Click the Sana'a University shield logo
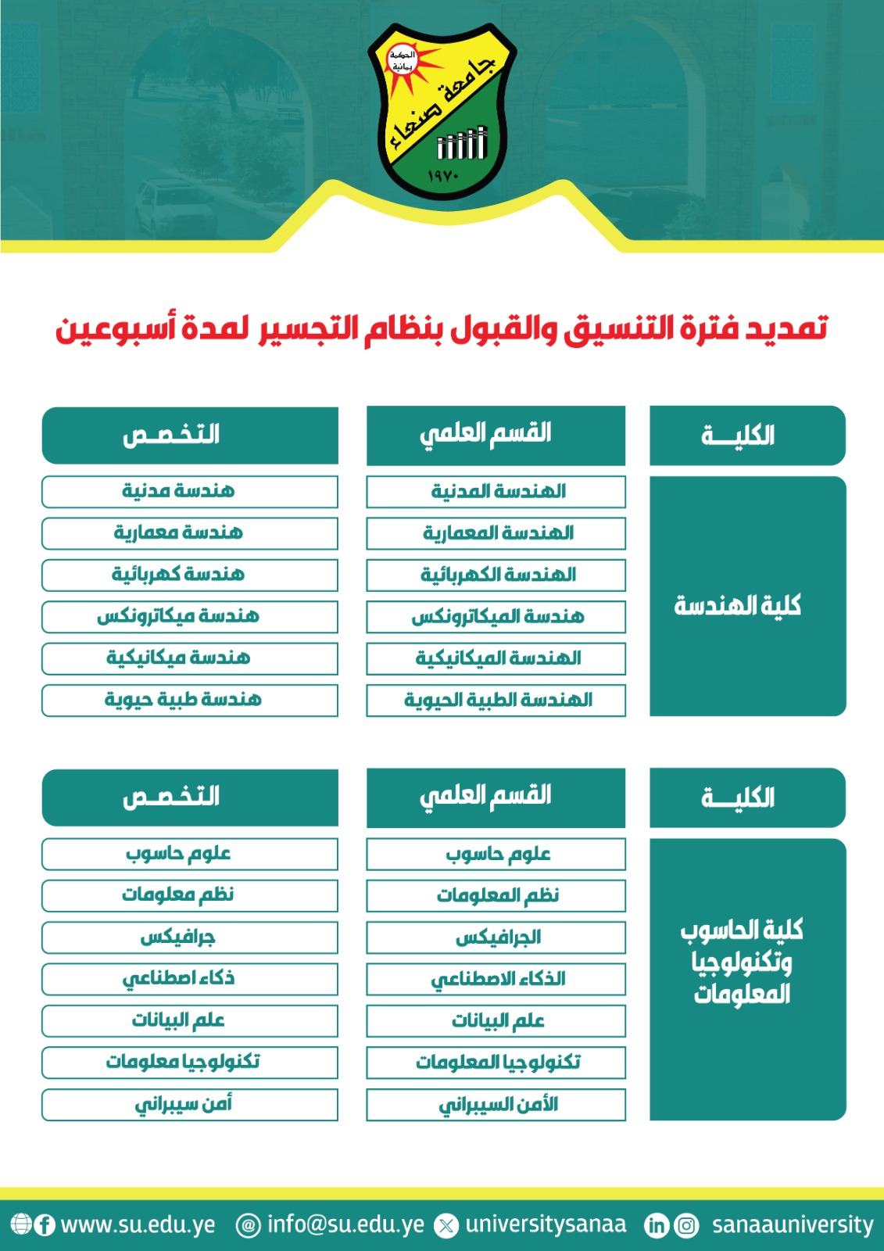pyautogui.click(x=442, y=109)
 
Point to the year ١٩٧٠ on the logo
pyautogui.click(x=443, y=177)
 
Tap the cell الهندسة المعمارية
pyautogui.click(x=496, y=533)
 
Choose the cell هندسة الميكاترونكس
pyautogui.click(x=496, y=617)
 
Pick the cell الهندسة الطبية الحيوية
pyautogui.click(x=496, y=700)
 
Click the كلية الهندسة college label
pyautogui.click(x=738, y=605)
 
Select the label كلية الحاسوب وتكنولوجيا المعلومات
pyautogui.click(x=741, y=962)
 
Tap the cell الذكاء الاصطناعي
pyautogui.click(x=496, y=979)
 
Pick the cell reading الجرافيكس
pyautogui.click(x=496, y=937)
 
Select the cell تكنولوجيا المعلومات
pyautogui.click(x=496, y=1063)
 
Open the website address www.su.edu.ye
pyautogui.click(x=138, y=1224)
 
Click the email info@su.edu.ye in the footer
pyautogui.click(x=345, y=1224)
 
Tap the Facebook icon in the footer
pyautogui.click(x=45, y=1224)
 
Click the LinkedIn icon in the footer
pyautogui.click(x=657, y=1225)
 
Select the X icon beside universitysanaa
pyautogui.click(x=446, y=1225)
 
